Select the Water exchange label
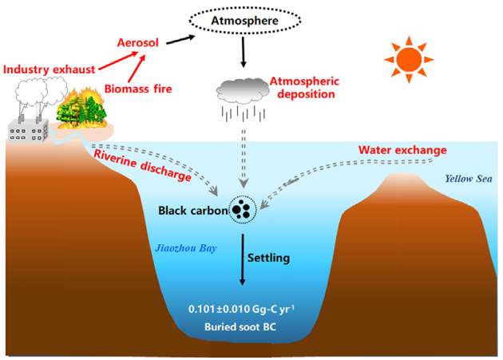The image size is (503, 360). pos(402,149)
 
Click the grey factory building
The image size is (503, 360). pos(29,128)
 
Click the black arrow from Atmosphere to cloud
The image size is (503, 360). pos(242,53)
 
